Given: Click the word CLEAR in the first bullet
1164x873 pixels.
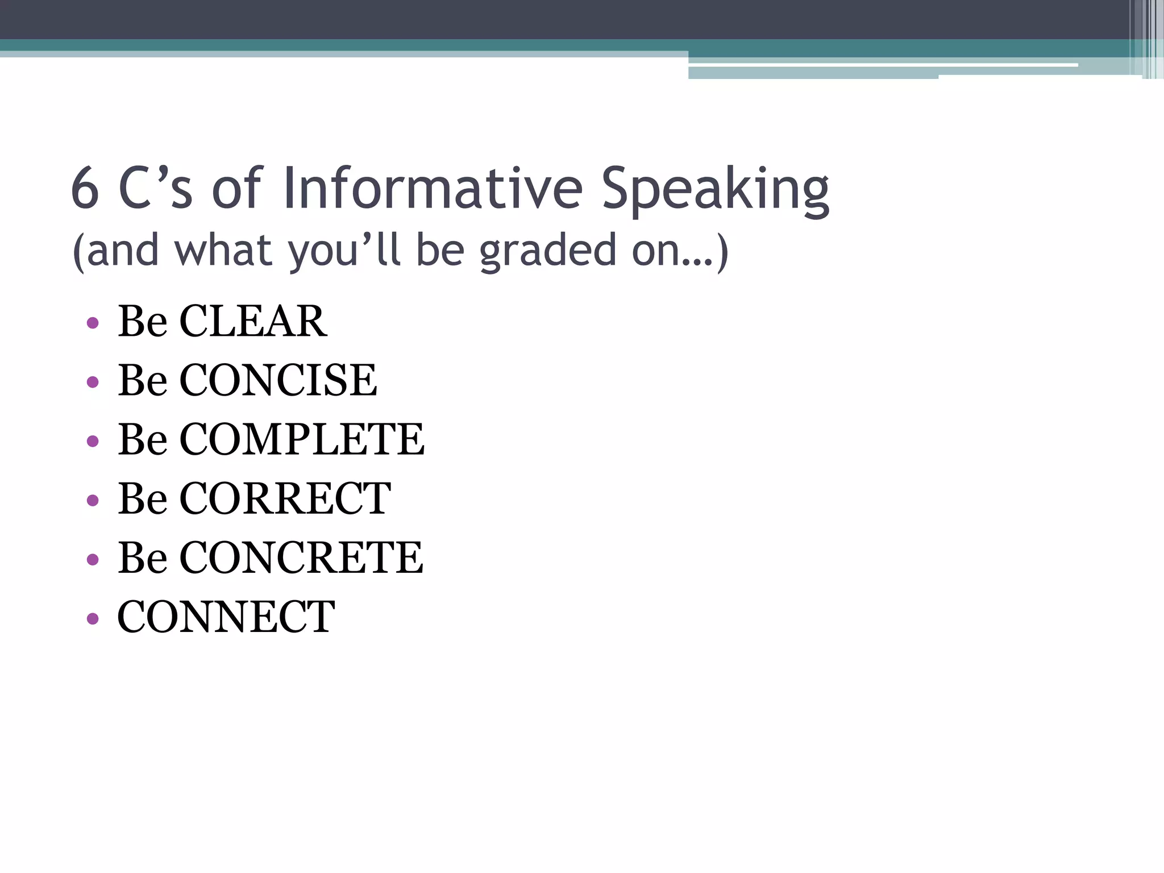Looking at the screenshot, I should click(x=253, y=321).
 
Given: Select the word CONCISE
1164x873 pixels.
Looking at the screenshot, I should click(x=278, y=380).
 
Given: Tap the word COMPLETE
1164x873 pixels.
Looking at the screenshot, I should click(x=302, y=439).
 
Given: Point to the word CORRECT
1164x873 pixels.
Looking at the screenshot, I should click(x=285, y=498).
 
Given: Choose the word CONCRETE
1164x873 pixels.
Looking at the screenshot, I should click(x=301, y=558).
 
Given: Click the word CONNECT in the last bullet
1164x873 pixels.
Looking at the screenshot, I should click(x=226, y=617).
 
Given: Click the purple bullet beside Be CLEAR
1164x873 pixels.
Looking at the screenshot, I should click(x=93, y=323).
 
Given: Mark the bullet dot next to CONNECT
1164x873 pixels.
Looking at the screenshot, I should click(x=93, y=618).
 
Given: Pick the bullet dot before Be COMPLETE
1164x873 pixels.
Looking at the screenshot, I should click(x=93, y=441).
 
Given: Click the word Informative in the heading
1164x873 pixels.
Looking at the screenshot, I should click(x=433, y=188).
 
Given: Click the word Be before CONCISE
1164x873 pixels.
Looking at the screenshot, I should click(x=142, y=380).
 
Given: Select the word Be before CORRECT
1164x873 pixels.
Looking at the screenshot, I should click(x=142, y=498).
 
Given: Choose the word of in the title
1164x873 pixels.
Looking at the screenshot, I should click(x=236, y=188).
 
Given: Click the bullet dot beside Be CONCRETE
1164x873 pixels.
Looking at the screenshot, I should click(x=93, y=559).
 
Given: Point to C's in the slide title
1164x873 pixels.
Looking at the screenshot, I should click(x=155, y=188).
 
